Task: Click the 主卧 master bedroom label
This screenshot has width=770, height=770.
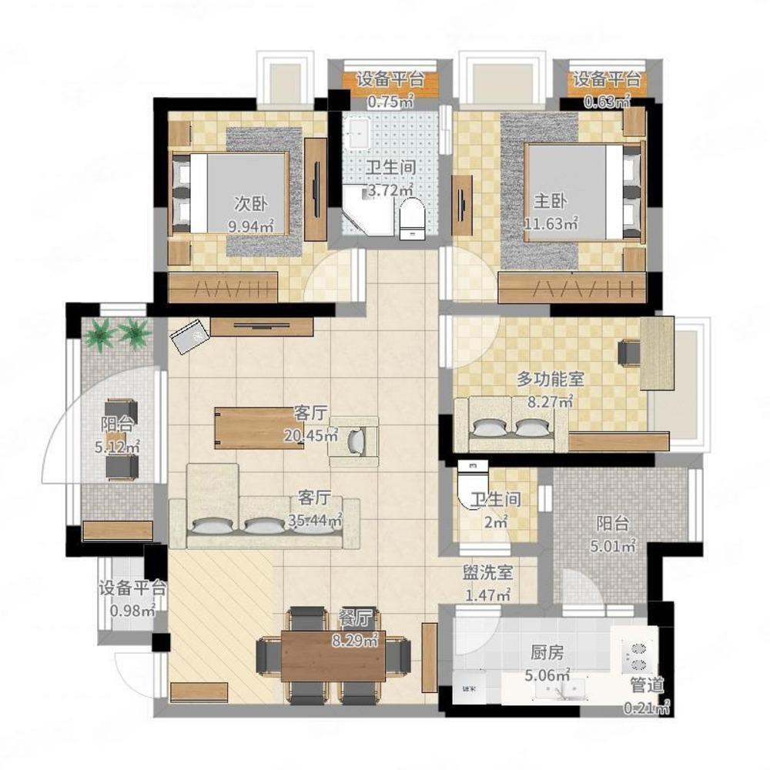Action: (550, 201)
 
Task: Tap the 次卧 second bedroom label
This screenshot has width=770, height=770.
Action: (250, 203)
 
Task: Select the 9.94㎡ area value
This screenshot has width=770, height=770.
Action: (250, 226)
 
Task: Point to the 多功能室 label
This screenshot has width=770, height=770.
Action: (550, 379)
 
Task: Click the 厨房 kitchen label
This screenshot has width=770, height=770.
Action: (547, 653)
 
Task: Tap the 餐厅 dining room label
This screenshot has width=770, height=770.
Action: (356, 618)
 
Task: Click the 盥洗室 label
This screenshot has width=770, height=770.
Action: (487, 572)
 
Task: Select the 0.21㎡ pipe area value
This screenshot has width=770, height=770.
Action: (647, 708)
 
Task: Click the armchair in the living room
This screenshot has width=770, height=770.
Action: (354, 441)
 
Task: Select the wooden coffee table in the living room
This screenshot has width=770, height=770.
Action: (259, 428)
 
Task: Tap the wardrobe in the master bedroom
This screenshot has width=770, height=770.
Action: (571, 288)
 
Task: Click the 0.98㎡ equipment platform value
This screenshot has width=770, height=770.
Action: (132, 611)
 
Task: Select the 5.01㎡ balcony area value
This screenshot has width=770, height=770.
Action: (613, 546)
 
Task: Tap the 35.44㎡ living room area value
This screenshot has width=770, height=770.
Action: (315, 520)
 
